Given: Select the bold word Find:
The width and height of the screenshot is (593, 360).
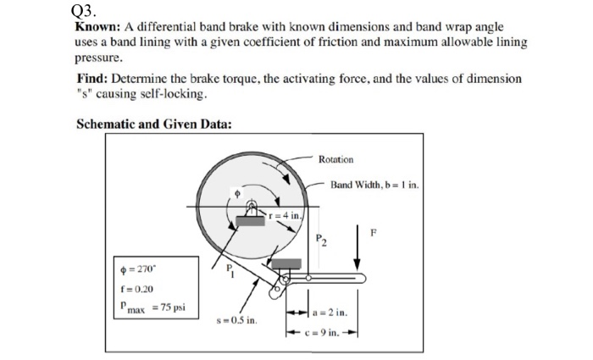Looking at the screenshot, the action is (93, 78).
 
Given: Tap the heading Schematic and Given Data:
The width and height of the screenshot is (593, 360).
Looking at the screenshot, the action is (153, 123).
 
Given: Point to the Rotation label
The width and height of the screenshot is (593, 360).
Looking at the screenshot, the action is (336, 159).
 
